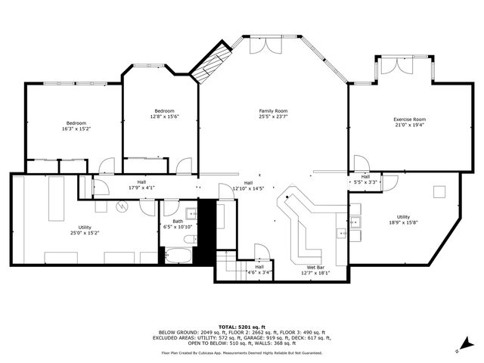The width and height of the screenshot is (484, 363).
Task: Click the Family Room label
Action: point(273,111)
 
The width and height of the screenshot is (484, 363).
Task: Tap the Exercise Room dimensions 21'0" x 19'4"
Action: point(409,126)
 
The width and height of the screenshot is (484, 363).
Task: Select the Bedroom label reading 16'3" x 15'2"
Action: point(76,123)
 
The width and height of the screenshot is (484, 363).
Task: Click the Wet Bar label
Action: point(315,268)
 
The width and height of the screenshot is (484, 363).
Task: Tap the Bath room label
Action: point(178,222)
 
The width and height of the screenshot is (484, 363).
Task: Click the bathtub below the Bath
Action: point(178,255)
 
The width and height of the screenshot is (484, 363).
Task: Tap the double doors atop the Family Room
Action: point(259,45)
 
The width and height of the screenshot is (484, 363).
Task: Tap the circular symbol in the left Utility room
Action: point(122,205)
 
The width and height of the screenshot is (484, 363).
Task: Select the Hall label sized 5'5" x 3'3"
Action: point(365,179)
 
